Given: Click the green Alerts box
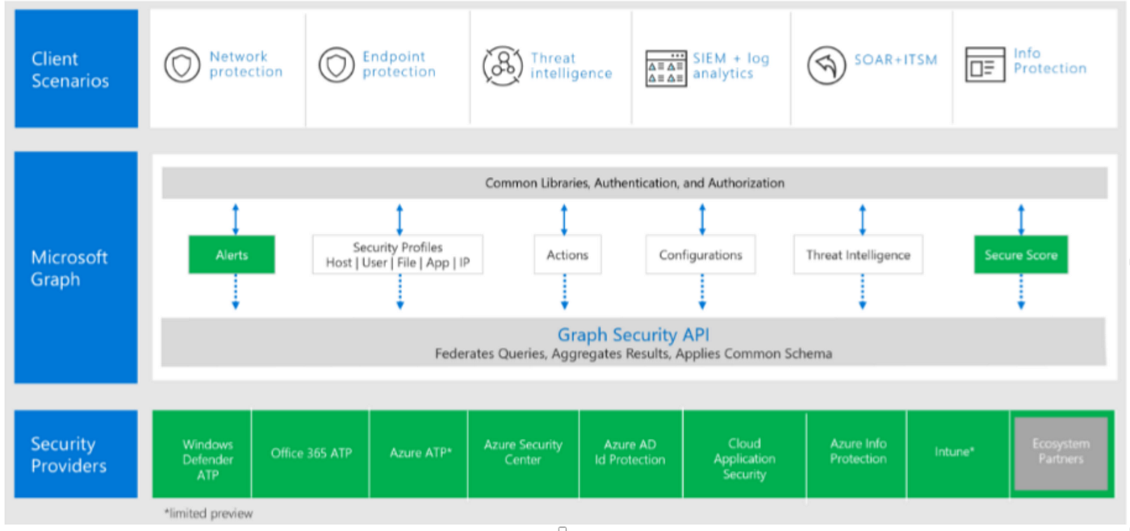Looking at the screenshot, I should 232,255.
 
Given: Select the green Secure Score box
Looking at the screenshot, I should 1020,255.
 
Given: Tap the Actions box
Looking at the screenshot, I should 567,255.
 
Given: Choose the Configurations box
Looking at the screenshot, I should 700,255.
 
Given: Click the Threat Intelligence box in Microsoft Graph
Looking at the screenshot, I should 858,255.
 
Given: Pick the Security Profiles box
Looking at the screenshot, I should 397,255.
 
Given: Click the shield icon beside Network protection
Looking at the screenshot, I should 182,65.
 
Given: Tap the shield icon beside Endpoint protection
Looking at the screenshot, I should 336,65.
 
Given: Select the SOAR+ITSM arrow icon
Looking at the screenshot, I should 827,65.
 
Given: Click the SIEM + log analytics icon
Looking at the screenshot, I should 666,68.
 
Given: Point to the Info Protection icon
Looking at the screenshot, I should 985,65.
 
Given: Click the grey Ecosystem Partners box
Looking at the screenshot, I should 1060,452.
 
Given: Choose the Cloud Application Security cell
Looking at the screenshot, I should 743,459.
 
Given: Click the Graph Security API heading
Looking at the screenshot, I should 633,335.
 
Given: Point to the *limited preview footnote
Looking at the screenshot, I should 208,513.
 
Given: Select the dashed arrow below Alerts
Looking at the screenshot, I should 236,291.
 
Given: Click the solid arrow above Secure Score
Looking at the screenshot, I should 1021,220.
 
